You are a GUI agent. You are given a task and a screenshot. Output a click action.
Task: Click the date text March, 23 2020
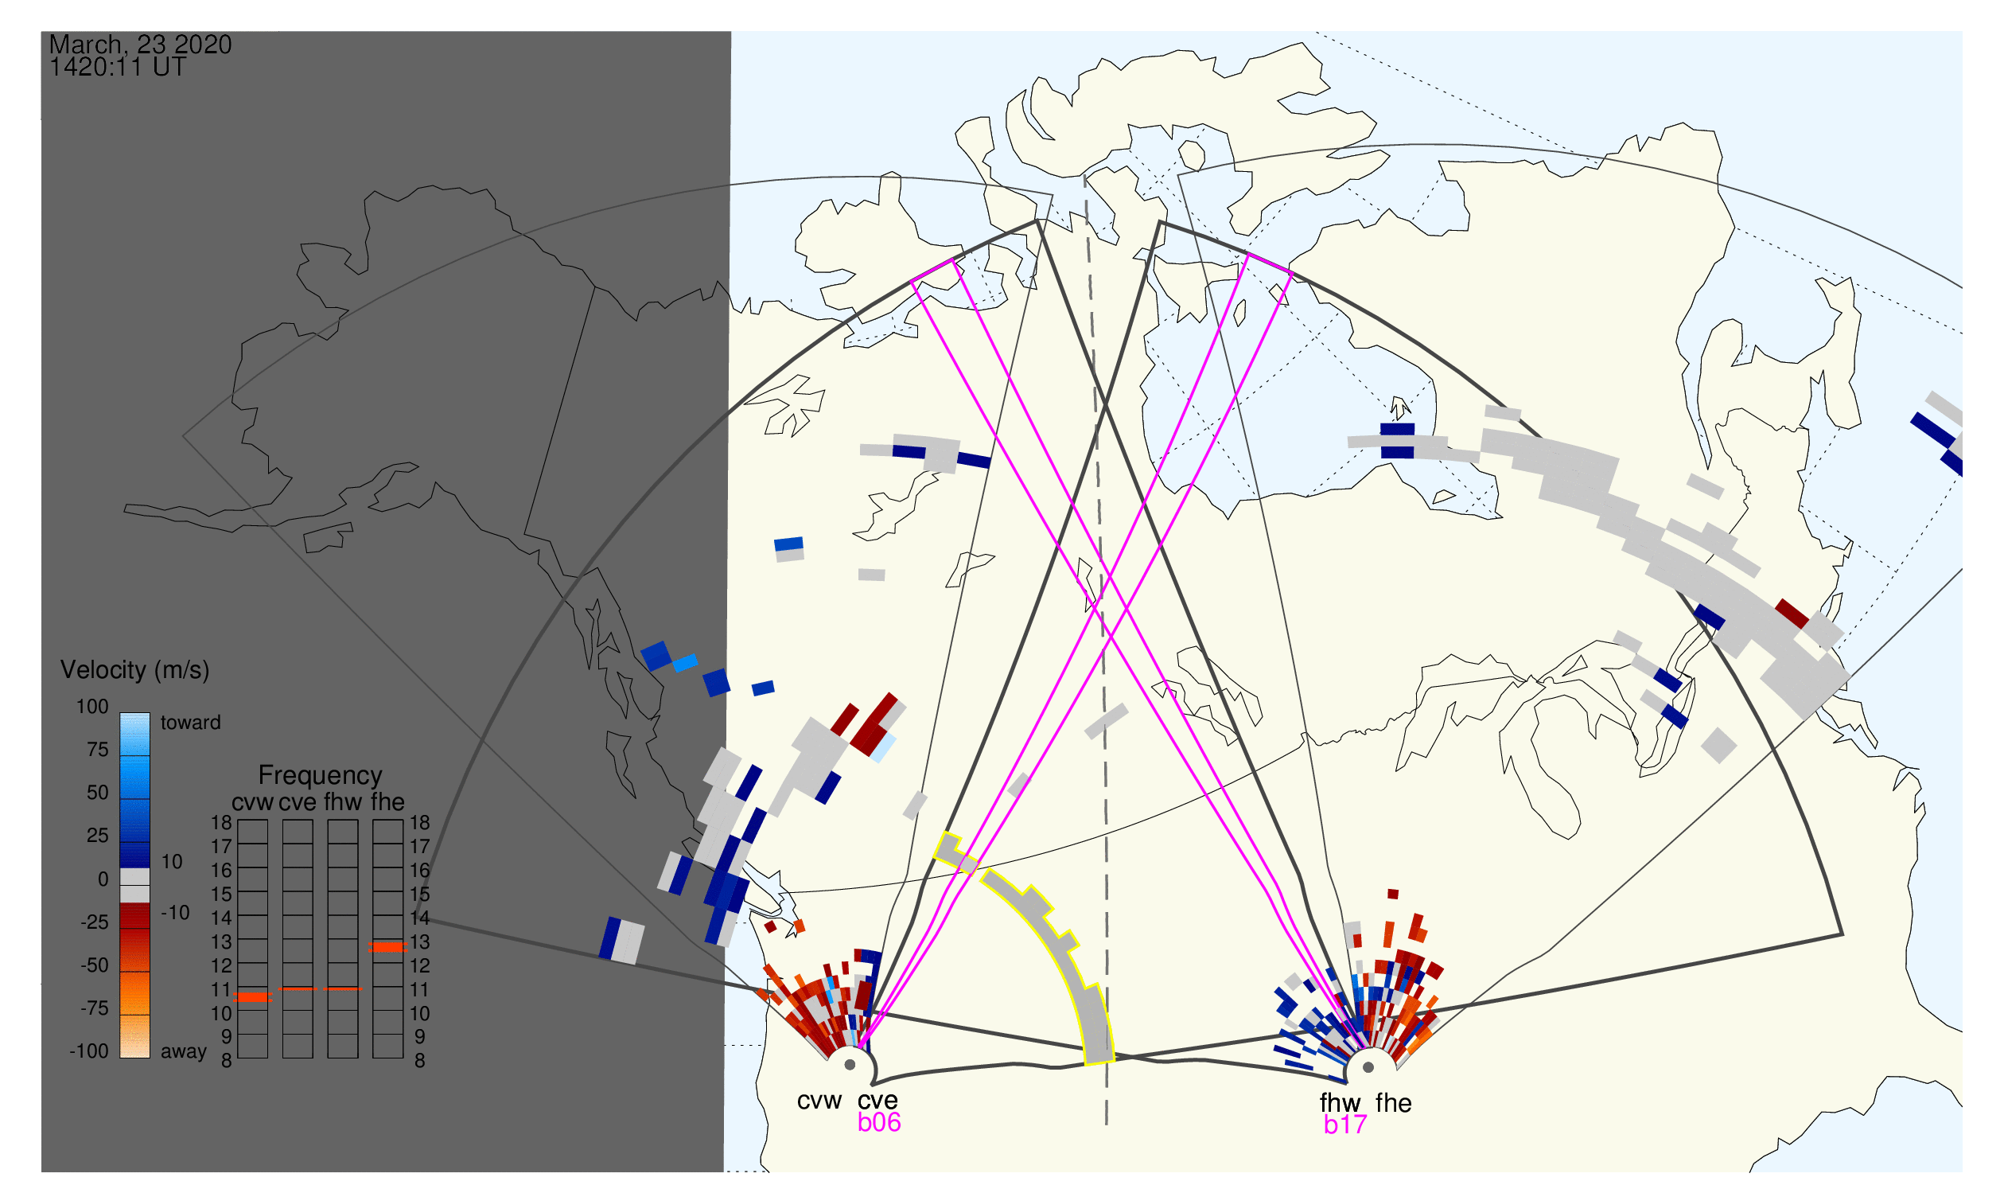click(141, 44)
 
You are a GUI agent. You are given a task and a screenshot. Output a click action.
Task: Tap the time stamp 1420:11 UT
click(118, 68)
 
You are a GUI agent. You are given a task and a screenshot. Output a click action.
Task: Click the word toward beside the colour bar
click(191, 723)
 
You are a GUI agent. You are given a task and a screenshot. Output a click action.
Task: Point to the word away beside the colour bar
click(184, 1053)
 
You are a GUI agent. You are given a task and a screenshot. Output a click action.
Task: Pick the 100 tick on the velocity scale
click(92, 708)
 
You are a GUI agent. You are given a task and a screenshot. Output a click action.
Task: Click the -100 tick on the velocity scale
click(89, 1052)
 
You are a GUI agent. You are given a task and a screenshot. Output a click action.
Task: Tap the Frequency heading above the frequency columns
click(321, 777)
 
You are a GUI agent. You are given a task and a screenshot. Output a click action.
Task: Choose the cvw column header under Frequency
click(252, 803)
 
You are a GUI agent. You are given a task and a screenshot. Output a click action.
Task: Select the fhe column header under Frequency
click(387, 803)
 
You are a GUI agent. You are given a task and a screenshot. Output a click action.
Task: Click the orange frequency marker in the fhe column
click(387, 948)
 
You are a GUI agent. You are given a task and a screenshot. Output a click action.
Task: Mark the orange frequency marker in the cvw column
click(253, 998)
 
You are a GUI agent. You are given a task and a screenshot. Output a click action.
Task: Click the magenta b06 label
click(879, 1123)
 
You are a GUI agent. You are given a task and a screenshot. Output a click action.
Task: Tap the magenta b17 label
click(1345, 1125)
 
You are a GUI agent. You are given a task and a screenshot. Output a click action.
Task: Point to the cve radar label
click(877, 1101)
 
